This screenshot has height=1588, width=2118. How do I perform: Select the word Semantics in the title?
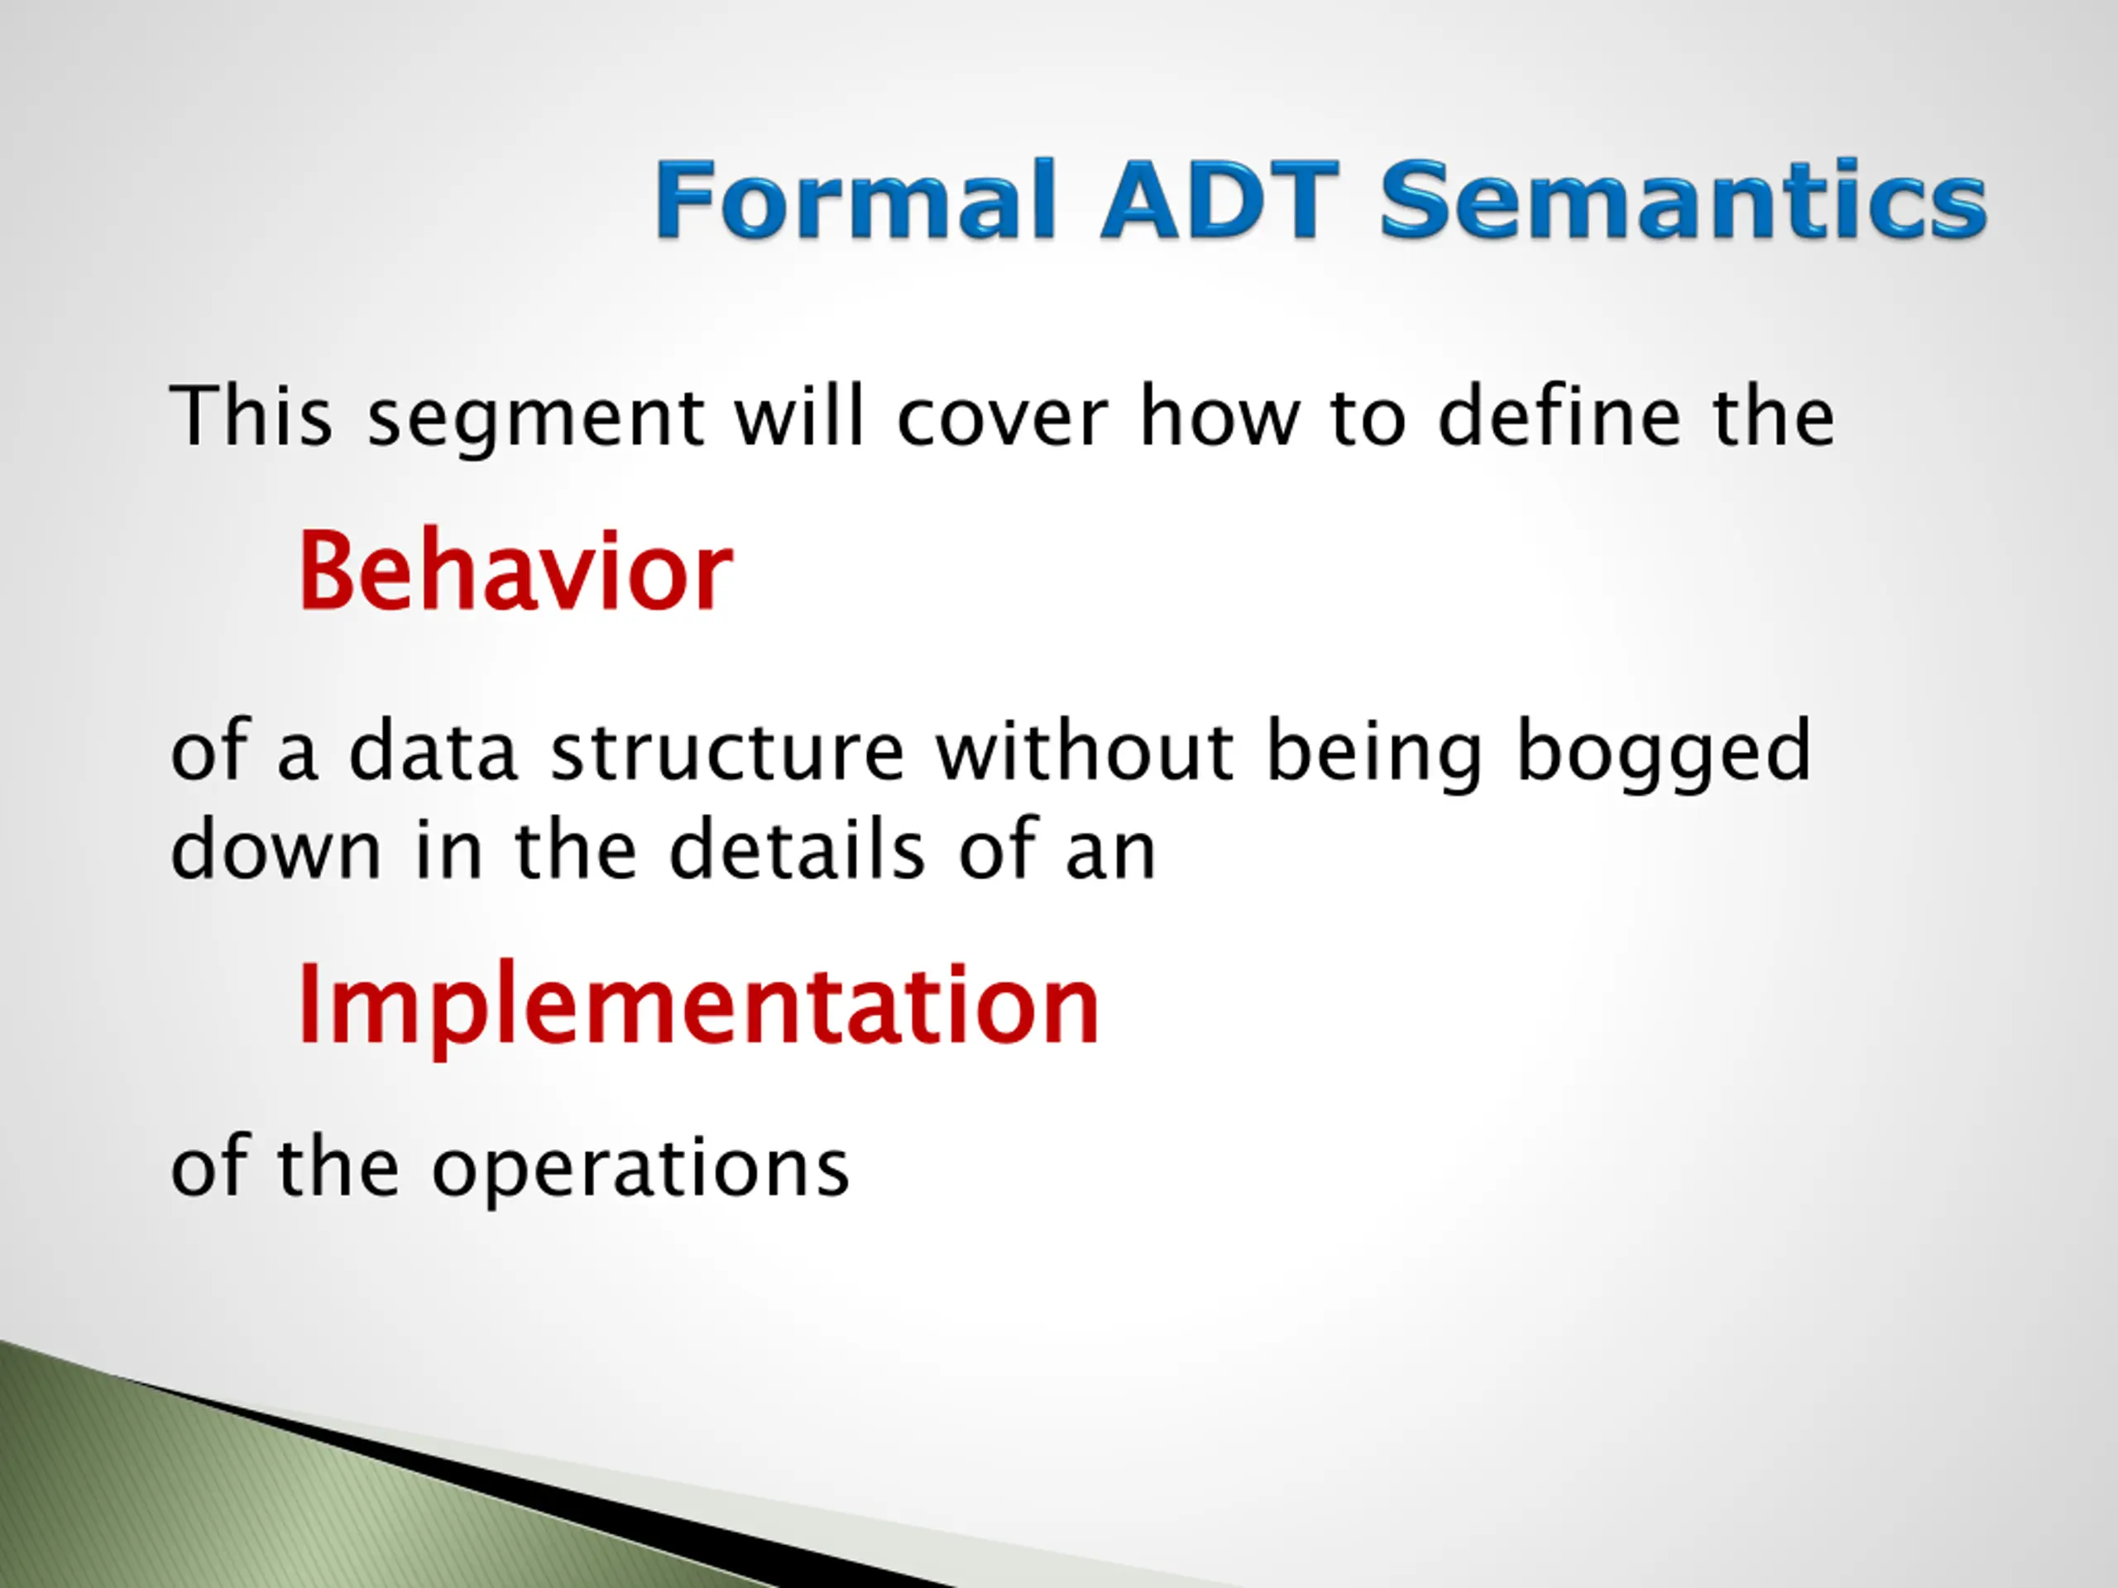coord(1684,199)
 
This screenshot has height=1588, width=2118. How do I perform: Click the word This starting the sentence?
coord(251,415)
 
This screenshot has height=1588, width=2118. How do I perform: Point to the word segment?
coord(537,421)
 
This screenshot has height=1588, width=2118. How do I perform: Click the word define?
coord(1560,415)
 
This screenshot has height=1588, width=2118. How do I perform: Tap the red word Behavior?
coord(515,571)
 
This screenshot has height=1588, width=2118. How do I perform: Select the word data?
coord(433,750)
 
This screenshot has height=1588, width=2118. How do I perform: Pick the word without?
coord(1085,750)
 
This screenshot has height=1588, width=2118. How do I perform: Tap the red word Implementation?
coord(699,1005)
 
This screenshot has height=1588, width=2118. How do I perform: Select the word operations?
coord(640,1169)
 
